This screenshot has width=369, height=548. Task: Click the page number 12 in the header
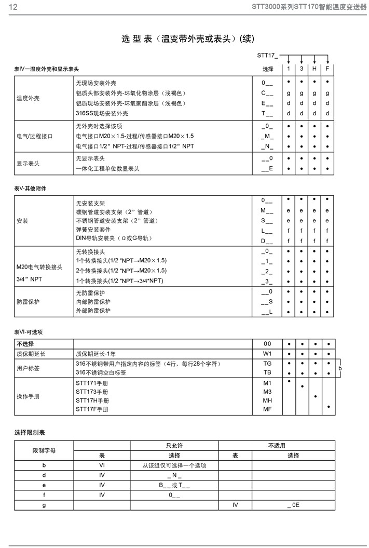pos(13,7)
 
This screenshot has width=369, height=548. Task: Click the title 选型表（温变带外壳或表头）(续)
pos(188,38)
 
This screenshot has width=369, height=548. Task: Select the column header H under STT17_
pos(315,69)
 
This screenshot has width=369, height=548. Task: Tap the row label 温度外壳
pos(28,98)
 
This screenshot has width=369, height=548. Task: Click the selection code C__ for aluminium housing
pos(267,93)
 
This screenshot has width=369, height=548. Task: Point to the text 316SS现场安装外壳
pos(102,113)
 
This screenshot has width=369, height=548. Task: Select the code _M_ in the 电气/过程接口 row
pos(267,136)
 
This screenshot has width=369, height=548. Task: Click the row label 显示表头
pos(28,164)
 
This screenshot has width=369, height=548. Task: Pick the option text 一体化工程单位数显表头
pos(108,169)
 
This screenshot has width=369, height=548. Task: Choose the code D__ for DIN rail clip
pos(267,241)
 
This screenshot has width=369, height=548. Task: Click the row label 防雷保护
pos(28,302)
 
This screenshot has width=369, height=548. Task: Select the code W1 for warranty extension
pos(267,354)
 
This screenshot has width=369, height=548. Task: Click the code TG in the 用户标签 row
pos(267,364)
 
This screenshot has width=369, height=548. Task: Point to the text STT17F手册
pos(92,409)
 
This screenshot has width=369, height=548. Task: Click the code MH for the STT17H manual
pos(267,400)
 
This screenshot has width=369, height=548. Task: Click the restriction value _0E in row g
pos(293,504)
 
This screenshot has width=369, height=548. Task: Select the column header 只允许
pos(173,445)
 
